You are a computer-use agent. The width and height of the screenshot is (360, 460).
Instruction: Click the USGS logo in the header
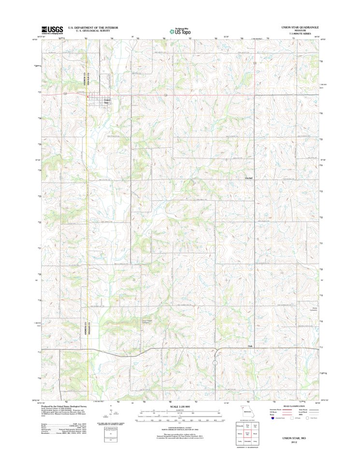[x=52, y=29]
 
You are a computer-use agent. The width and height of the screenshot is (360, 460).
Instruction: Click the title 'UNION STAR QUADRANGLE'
[x=300, y=28]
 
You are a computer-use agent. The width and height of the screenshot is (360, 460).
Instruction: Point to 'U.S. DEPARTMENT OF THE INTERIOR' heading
[x=93, y=28]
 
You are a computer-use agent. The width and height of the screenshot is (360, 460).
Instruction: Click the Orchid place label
[x=249, y=178]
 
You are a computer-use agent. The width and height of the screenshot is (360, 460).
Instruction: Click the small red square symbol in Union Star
[x=87, y=96]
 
